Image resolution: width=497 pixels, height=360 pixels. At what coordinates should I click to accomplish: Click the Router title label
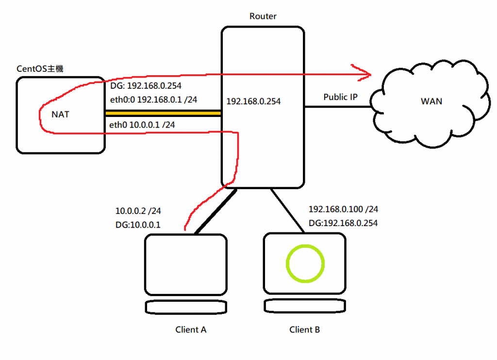(x=263, y=16)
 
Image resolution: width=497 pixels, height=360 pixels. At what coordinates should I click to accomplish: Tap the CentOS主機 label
(x=40, y=69)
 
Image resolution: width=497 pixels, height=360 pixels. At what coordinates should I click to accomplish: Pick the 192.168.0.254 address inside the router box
(x=253, y=102)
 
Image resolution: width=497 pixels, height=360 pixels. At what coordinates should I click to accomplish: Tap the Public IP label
(x=340, y=97)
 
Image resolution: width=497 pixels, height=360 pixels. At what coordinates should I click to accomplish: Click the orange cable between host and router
(x=163, y=113)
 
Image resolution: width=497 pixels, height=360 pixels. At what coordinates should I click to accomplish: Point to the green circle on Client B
(x=305, y=263)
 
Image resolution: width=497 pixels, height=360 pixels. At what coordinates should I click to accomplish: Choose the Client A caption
(x=191, y=330)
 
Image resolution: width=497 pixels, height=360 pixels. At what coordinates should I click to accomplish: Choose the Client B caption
(x=304, y=330)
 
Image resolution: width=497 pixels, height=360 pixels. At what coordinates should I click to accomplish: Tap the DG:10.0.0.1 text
(x=138, y=225)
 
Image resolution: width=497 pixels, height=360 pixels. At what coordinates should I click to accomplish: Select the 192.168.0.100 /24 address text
(x=343, y=210)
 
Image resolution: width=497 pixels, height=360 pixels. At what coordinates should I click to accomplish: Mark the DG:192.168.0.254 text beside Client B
(x=343, y=223)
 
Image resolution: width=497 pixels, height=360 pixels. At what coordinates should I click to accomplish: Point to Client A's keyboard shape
(x=186, y=307)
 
